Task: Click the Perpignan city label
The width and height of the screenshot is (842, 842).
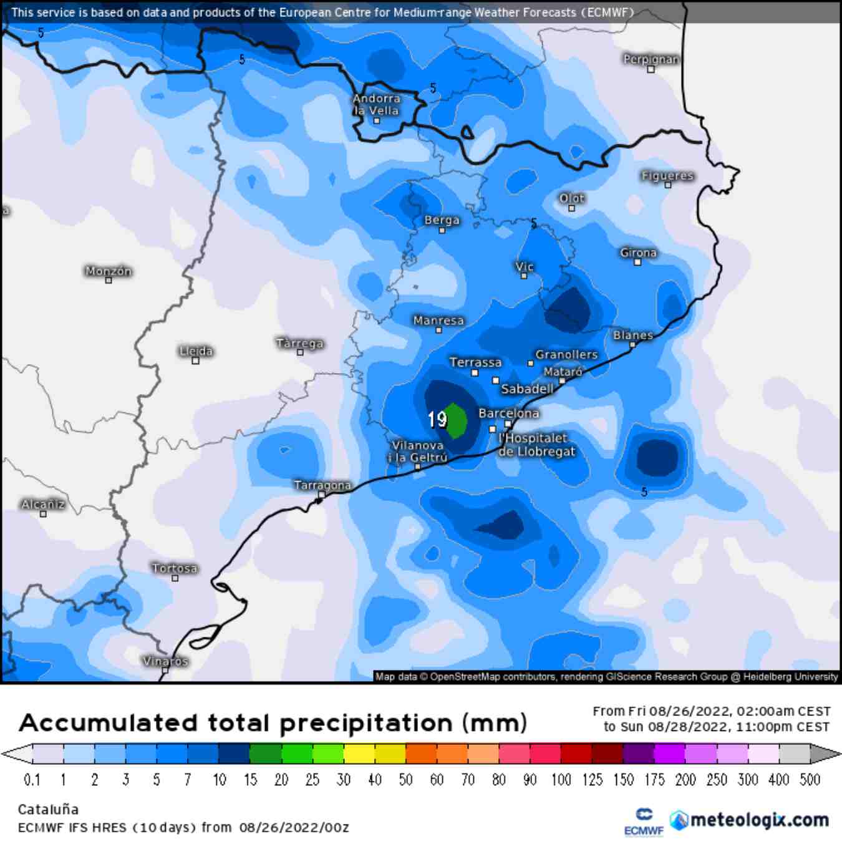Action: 651,59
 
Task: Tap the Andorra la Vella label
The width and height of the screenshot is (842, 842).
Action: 376,104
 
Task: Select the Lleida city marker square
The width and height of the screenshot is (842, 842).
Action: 195,361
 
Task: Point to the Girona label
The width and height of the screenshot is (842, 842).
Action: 638,253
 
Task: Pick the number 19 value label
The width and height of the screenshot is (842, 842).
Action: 437,419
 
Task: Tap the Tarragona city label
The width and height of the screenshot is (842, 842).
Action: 322,485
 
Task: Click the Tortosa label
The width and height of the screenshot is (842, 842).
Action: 175,568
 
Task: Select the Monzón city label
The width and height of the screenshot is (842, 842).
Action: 109,271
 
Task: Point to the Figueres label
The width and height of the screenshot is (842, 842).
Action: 667,176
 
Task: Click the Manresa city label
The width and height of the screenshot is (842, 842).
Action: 438,321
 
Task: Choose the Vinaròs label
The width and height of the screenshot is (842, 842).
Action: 165,661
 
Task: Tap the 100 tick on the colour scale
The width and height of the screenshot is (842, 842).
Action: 561,780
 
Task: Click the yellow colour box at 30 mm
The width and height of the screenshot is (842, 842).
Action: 359,753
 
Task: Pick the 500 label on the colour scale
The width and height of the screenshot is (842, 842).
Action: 810,780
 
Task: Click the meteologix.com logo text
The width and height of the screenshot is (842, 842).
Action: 759,820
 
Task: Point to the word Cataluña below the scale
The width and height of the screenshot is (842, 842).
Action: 48,810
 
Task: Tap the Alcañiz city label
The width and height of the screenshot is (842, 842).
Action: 43,504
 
